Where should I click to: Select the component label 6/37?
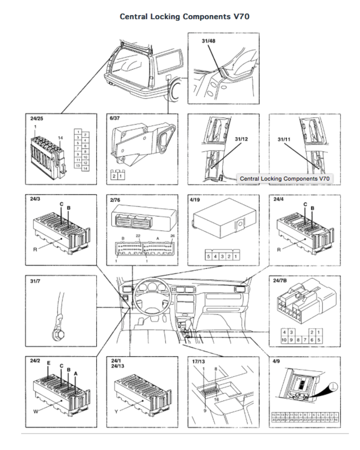114,118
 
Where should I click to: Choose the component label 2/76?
114,199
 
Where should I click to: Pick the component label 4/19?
195,199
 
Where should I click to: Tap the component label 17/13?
196,361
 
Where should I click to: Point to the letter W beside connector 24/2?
35,411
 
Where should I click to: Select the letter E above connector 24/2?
49,364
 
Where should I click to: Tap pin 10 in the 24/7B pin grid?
285,340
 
